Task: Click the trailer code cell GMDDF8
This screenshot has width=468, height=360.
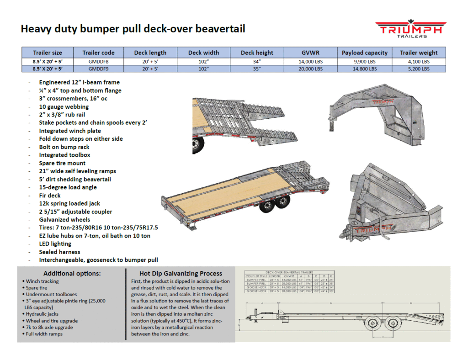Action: coord(98,61)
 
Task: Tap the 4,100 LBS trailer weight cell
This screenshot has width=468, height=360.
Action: coord(419,61)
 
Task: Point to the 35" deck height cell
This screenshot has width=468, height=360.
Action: coord(257,69)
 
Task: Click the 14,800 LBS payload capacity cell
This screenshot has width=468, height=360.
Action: coord(364,69)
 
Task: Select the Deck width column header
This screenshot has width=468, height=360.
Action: coord(203,53)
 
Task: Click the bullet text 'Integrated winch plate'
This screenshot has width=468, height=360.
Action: coord(70,131)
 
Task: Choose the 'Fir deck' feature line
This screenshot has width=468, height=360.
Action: coord(50,196)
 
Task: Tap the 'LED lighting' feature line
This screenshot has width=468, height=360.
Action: coord(55,244)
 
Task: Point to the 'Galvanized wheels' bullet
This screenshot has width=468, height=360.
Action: coord(64,220)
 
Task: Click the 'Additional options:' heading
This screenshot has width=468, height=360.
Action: coord(72,274)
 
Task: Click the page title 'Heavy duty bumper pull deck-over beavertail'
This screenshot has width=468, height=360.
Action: coord(133,29)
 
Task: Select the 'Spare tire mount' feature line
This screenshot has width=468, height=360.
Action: coord(62,163)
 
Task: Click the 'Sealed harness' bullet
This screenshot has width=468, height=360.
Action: coord(59,252)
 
